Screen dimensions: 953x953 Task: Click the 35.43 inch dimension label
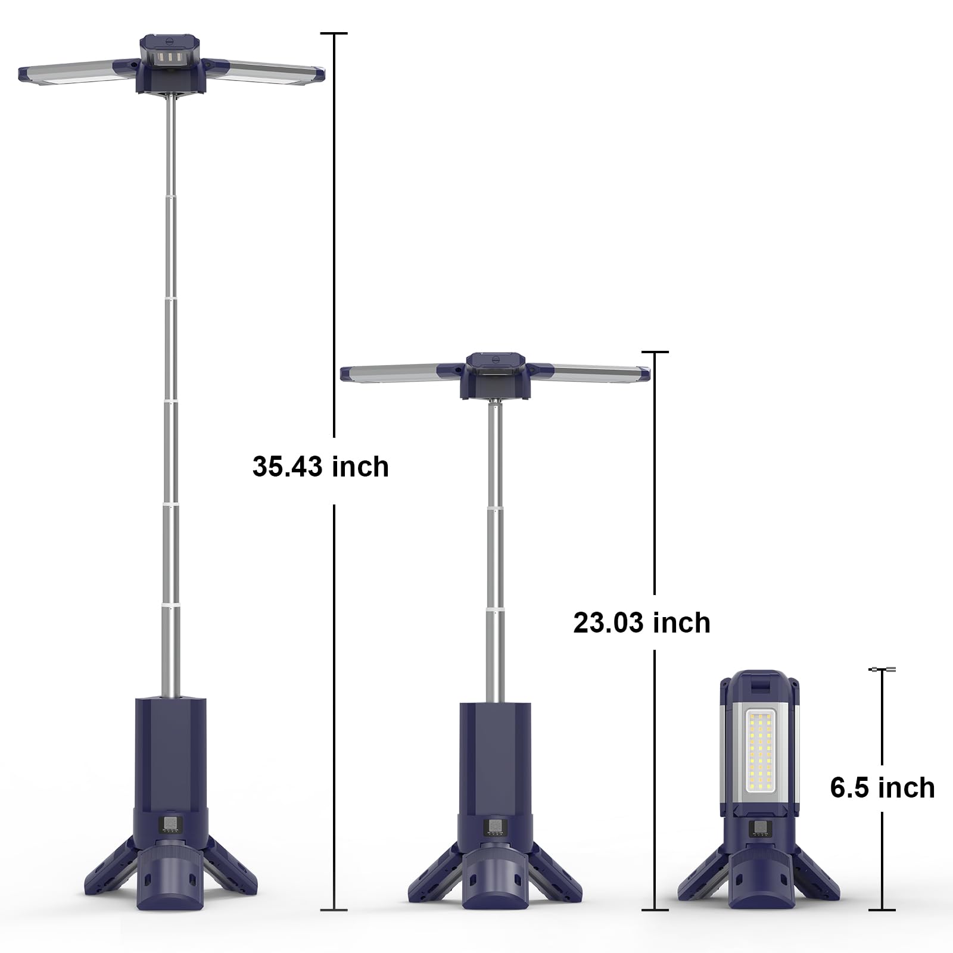click(320, 466)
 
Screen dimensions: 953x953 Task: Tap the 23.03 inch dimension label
click(641, 623)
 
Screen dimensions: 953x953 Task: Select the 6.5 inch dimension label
click(882, 788)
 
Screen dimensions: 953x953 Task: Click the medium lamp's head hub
click(495, 375)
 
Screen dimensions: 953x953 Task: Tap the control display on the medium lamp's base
click(494, 828)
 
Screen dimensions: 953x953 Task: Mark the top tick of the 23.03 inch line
click(655, 352)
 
